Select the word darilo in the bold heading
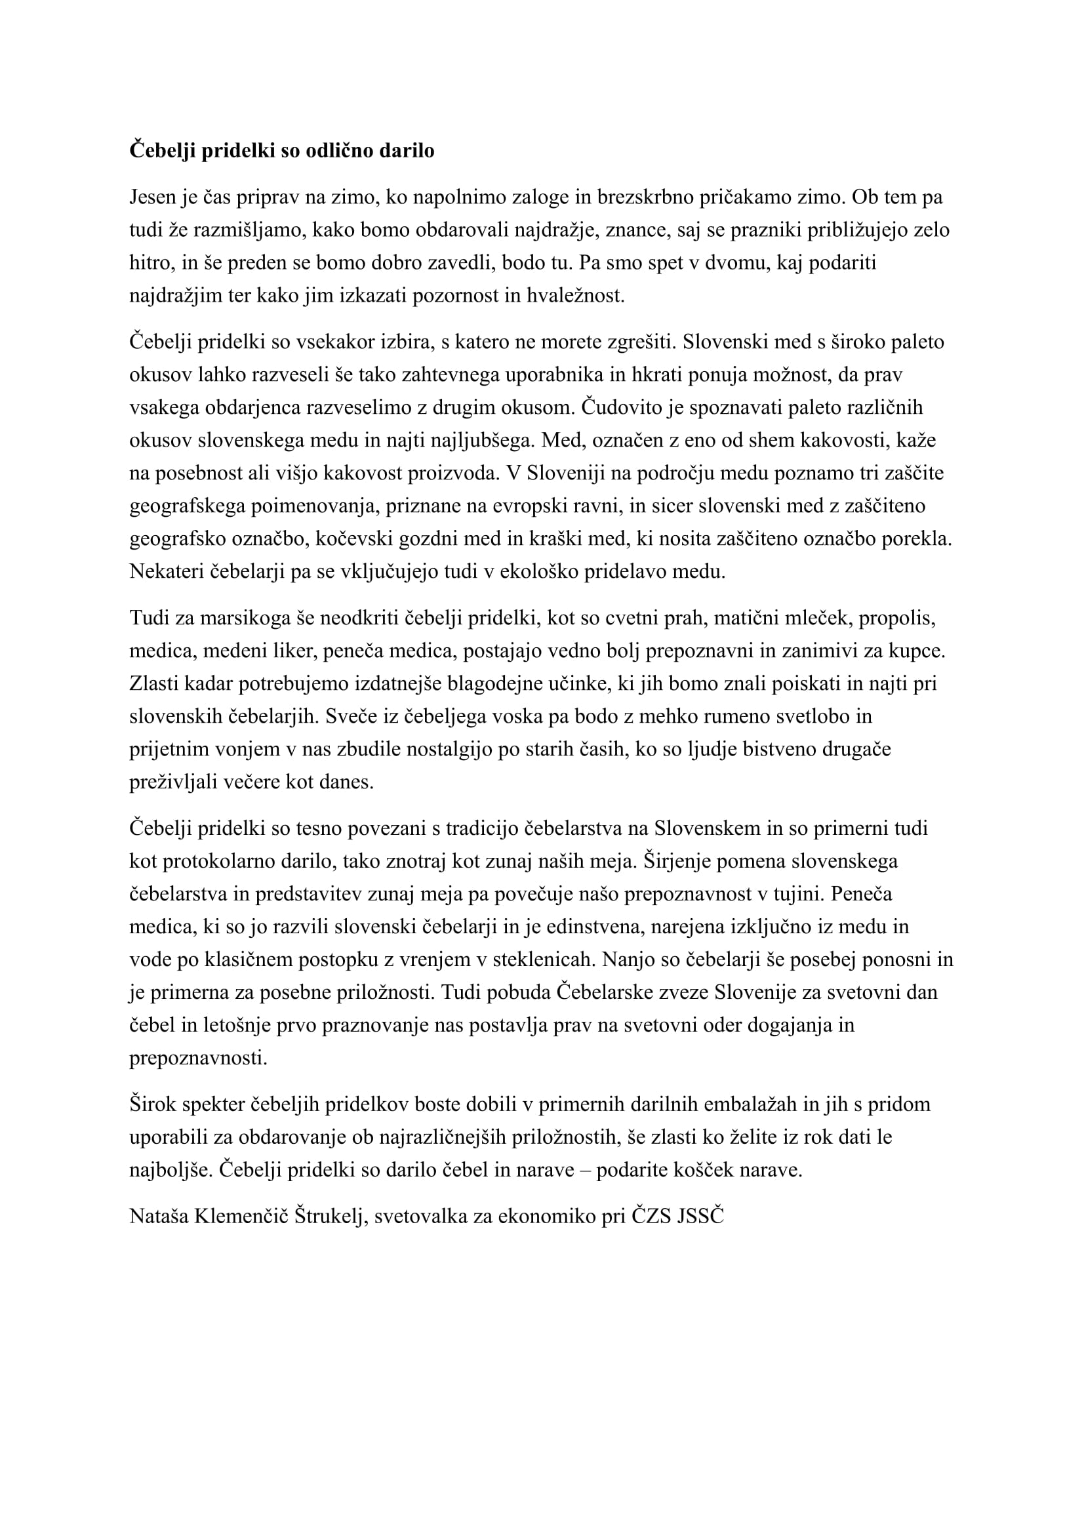pyautogui.click(x=407, y=150)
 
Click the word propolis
pyautogui.click(x=897, y=618)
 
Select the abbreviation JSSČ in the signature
pyautogui.click(x=700, y=1216)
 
